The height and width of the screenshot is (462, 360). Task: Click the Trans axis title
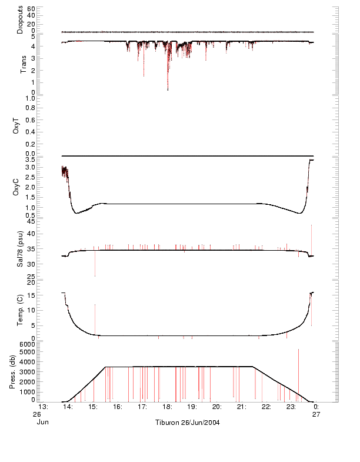[23, 64]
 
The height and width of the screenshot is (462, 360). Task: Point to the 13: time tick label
[43, 407]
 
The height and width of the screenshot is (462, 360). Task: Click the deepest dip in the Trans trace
[168, 89]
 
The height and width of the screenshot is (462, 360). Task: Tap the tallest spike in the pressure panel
[298, 350]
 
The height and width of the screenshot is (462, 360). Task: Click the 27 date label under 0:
[316, 414]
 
